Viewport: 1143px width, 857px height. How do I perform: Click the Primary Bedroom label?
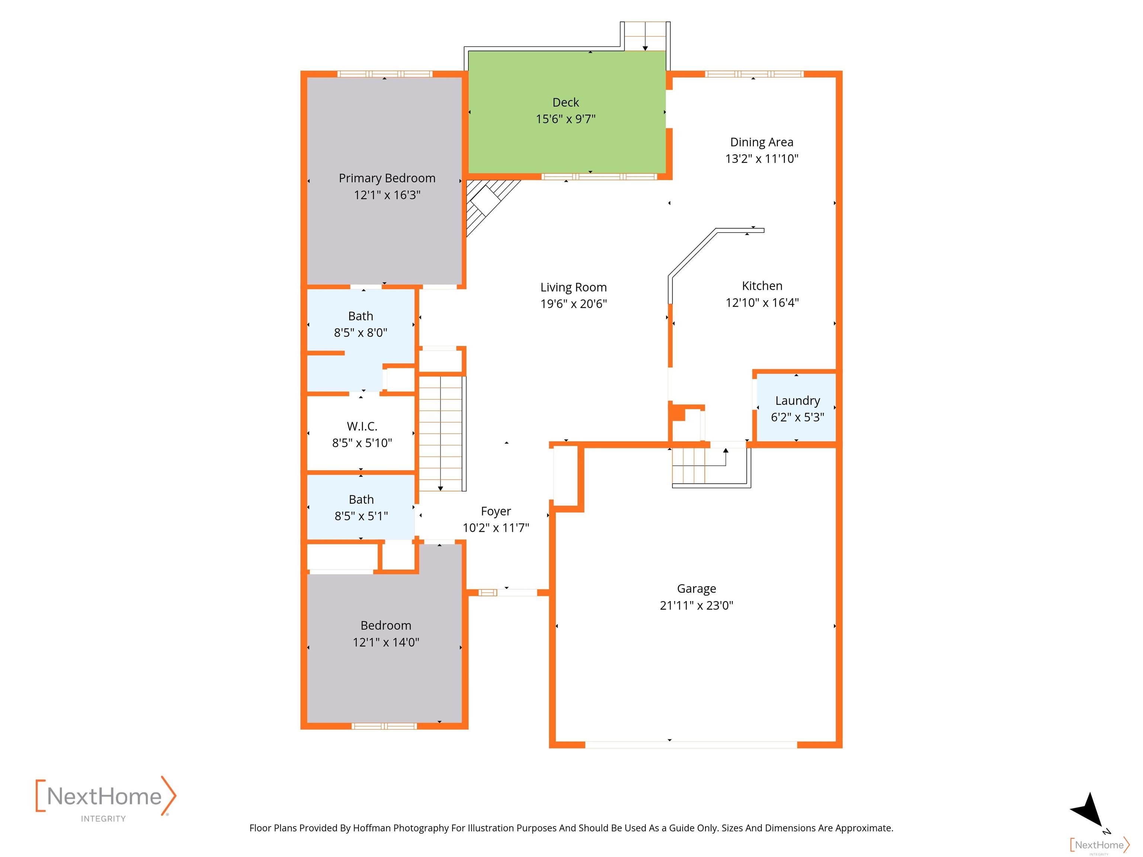click(x=387, y=178)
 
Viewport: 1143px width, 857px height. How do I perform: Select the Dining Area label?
click(x=762, y=142)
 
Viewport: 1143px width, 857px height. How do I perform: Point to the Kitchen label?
click(x=762, y=286)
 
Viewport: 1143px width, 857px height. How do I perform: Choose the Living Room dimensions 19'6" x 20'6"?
click(x=574, y=304)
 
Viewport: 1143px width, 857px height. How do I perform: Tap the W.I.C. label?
click(x=362, y=426)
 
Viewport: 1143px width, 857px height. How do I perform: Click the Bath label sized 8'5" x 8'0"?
click(x=360, y=316)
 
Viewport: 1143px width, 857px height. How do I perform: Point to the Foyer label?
click(x=496, y=511)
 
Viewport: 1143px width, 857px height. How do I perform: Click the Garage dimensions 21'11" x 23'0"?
click(x=696, y=606)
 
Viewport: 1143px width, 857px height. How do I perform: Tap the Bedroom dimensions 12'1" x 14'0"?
click(x=385, y=642)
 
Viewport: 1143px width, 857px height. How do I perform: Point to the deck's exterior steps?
click(x=646, y=36)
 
